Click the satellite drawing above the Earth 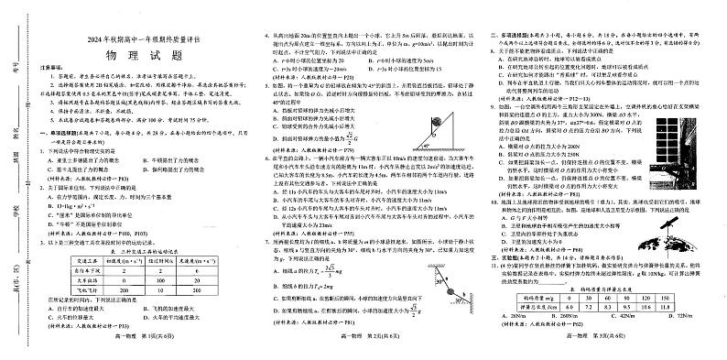pos(676,216)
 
